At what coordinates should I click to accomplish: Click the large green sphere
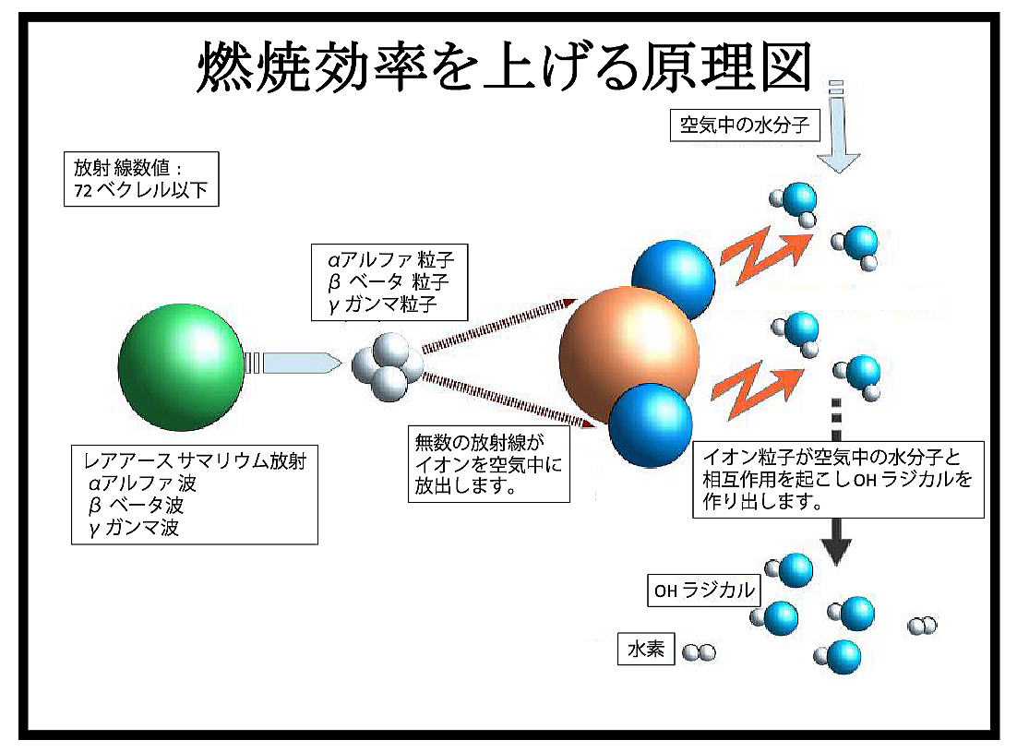tap(182, 367)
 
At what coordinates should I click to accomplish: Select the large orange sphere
tap(628, 354)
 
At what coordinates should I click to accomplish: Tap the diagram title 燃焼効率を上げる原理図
tap(505, 66)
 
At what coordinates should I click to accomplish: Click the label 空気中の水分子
tap(745, 125)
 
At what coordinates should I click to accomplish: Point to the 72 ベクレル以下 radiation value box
tap(141, 179)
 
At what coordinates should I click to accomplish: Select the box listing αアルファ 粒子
tap(389, 282)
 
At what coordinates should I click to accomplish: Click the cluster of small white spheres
tap(388, 367)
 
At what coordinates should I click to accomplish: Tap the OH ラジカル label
tap(704, 590)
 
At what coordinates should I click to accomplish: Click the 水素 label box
tap(646, 649)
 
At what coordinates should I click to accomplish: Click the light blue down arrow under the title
tap(838, 127)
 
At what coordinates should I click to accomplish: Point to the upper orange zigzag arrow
tap(765, 256)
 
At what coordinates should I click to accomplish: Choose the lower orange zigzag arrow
tap(756, 391)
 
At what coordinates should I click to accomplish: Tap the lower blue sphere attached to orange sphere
tap(651, 424)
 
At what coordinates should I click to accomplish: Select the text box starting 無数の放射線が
tap(488, 463)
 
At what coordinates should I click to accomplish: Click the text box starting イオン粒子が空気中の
tap(838, 480)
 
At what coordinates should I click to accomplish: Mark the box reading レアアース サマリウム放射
tap(195, 495)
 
